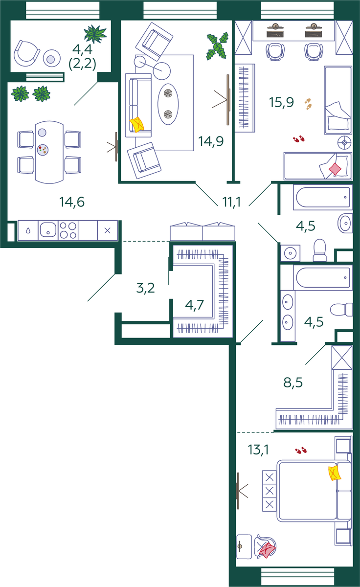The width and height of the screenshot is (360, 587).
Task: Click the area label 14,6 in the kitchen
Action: coord(72,202)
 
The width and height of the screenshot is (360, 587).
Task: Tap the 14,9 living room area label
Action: coord(211,141)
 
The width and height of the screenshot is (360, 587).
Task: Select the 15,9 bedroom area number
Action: coord(281,102)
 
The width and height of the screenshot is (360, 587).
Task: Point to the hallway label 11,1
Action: coord(231,202)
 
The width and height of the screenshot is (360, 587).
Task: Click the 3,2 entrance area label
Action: coord(145,288)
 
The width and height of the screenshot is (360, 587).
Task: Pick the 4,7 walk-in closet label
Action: coord(194,305)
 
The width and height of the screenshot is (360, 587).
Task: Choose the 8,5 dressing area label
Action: coord(293,383)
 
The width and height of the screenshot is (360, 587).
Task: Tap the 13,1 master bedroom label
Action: coord(258,450)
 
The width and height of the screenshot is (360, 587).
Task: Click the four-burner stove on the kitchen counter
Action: coord(68,230)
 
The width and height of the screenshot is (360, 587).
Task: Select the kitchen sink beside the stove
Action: coord(48,230)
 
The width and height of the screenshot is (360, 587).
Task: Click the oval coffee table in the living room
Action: coord(168,104)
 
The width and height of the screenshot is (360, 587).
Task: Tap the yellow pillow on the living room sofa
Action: coord(137,124)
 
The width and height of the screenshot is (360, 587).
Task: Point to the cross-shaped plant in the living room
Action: coord(217,46)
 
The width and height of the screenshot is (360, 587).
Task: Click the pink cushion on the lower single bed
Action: coord(335,169)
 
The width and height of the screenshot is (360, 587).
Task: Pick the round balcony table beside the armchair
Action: coord(52,58)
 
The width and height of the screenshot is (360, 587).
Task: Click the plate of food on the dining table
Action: coord(43,150)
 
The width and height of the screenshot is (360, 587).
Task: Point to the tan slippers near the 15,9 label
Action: coord(308,104)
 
